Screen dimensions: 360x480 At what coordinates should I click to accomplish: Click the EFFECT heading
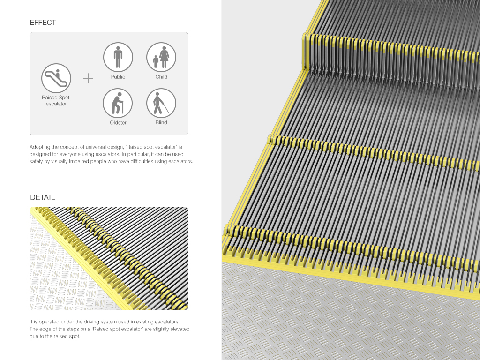[x=43, y=22]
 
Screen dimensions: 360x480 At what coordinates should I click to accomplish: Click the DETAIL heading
[x=42, y=197]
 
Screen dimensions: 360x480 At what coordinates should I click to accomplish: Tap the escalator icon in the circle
[x=56, y=78]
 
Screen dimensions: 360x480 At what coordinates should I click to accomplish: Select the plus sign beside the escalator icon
[x=88, y=78]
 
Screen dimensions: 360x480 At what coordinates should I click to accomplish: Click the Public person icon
[x=118, y=57]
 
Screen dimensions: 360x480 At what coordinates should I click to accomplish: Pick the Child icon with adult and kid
[x=161, y=57]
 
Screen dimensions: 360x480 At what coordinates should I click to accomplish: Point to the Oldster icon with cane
[x=118, y=103]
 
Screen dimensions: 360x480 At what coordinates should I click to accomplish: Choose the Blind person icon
[x=161, y=103]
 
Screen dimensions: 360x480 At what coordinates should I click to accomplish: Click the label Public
[x=118, y=77]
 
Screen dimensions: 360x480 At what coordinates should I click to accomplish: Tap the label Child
[x=161, y=77]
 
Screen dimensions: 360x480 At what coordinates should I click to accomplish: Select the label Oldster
[x=118, y=123]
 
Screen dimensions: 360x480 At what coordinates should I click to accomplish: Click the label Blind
[x=161, y=123]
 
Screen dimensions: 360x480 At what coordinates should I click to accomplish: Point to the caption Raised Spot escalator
[x=56, y=101]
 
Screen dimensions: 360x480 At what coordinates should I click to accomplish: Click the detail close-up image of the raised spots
[x=109, y=258]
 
